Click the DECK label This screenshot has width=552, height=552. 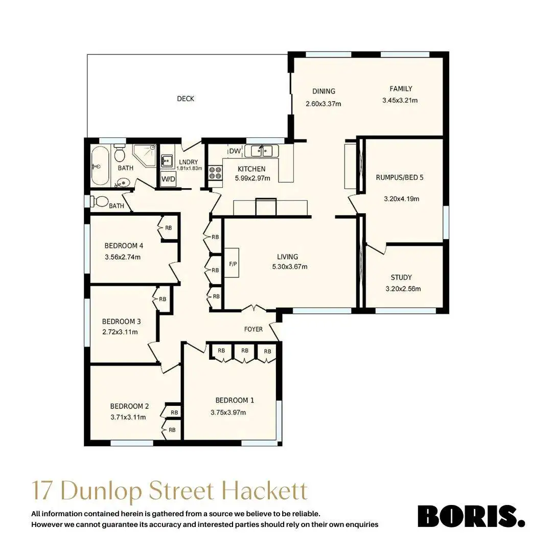186,99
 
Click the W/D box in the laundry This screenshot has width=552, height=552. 167,179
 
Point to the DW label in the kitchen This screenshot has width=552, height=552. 235,151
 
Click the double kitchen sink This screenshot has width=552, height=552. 261,151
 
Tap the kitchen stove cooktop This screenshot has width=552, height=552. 215,173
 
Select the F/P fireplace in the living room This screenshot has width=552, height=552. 232,263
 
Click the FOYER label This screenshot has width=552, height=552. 254,329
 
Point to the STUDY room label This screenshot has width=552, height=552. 401,278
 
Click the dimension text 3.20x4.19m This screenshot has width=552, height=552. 401,199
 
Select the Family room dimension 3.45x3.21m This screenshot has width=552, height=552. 400,101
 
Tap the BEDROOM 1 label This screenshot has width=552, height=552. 235,400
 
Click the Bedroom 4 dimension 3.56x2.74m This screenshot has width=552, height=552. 122,257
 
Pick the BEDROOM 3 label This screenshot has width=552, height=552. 121,321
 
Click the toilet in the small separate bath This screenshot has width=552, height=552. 101,201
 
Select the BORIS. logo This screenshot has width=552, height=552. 471,516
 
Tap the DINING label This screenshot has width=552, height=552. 324,91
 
